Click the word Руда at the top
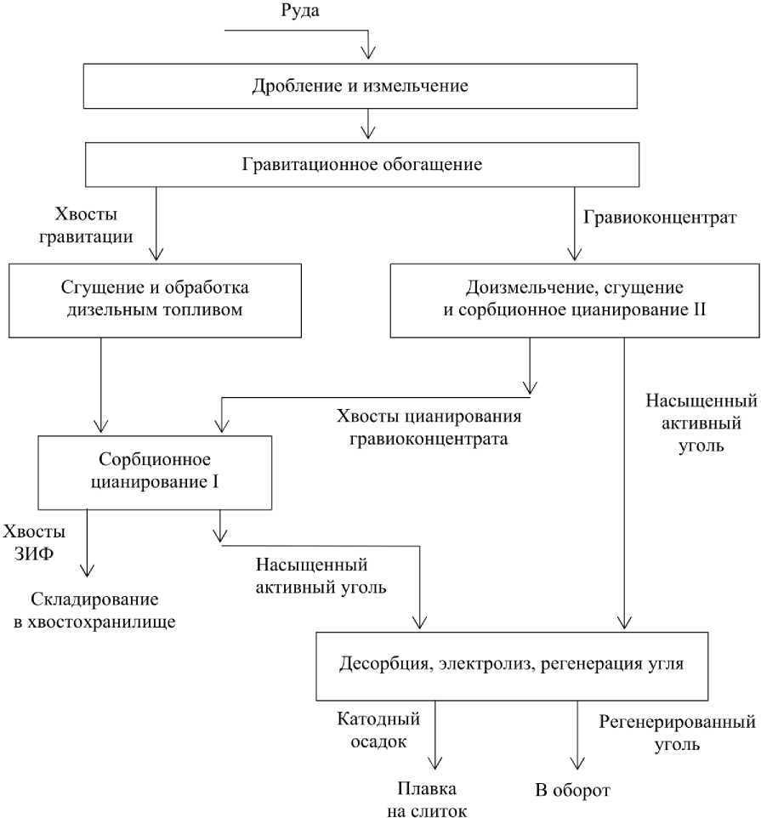pyautogui.click(x=301, y=11)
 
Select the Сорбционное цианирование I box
pyautogui.click(x=156, y=471)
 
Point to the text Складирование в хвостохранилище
pyautogui.click(x=94, y=611)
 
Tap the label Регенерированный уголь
pyautogui.click(x=677, y=734)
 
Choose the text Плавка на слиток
pyautogui.click(x=432, y=800)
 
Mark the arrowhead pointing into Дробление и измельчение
pyautogui.click(x=366, y=54)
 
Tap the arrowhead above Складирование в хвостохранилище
pyautogui.click(x=86, y=569)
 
